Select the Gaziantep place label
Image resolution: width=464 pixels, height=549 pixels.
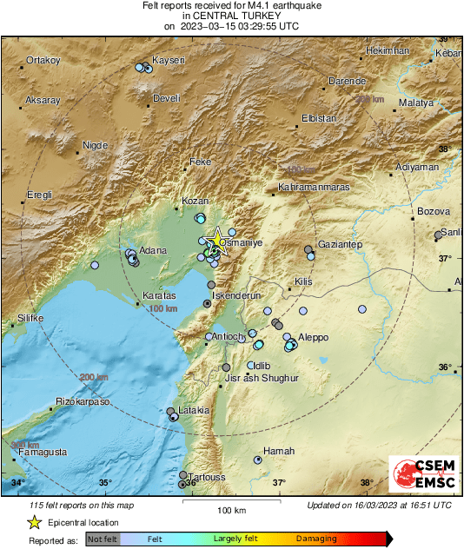[x=340, y=246]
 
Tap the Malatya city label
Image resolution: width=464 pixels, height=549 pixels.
[x=415, y=103]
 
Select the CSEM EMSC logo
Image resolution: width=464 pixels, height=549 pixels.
[x=419, y=476]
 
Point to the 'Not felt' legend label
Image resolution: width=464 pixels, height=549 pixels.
[x=103, y=539]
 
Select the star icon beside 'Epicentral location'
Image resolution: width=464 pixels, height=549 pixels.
[x=34, y=522]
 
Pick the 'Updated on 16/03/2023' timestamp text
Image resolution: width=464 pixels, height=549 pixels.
[x=379, y=505]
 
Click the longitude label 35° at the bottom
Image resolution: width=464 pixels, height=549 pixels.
[x=104, y=483]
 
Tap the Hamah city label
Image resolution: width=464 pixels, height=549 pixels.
[x=280, y=451]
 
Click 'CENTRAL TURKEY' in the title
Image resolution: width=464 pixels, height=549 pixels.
[x=231, y=16]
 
